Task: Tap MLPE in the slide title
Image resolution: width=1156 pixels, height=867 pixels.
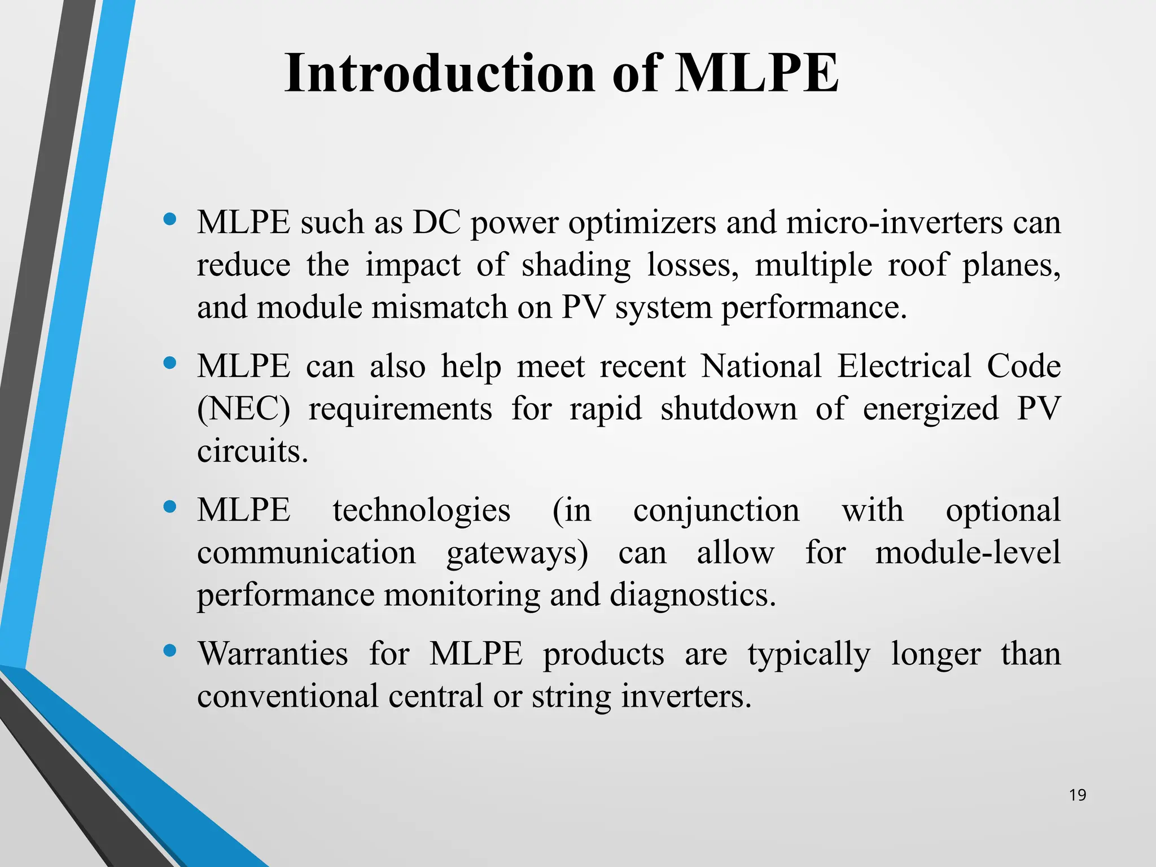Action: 756,73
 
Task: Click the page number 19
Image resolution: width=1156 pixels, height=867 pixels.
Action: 1078,795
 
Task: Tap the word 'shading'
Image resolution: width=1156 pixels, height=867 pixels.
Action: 576,265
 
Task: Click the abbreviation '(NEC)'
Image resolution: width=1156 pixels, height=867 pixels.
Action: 243,409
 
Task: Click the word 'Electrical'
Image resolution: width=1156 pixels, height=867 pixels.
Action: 904,366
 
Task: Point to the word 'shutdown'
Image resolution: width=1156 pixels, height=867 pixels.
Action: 729,408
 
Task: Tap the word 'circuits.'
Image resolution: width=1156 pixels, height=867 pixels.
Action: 252,451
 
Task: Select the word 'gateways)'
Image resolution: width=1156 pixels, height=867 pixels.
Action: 517,553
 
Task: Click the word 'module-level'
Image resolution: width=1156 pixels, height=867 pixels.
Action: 967,552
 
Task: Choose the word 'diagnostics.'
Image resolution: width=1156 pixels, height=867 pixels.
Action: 693,595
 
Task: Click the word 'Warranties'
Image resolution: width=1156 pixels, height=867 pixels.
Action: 273,654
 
